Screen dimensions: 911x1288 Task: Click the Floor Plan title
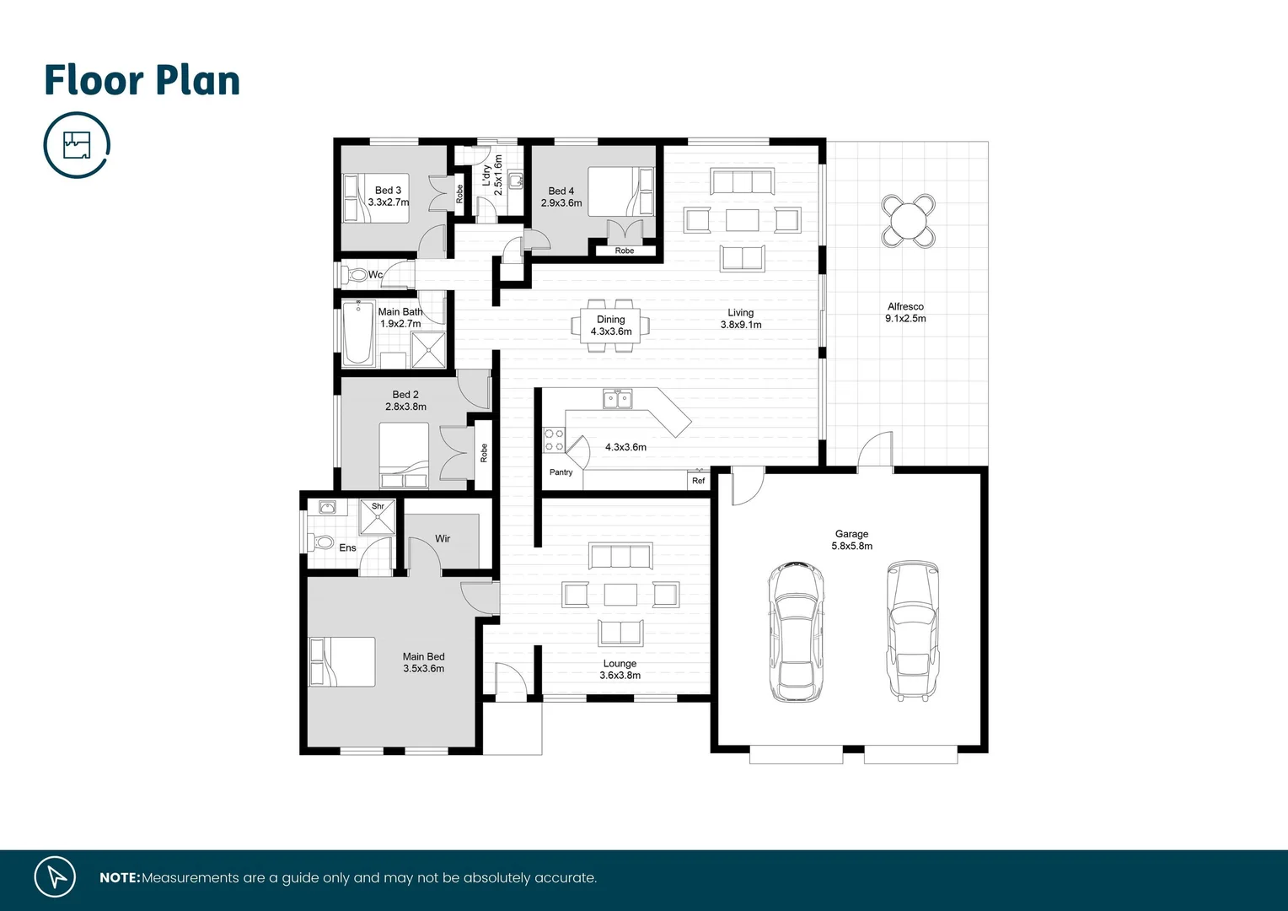pos(142,81)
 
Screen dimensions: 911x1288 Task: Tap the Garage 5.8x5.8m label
pos(851,540)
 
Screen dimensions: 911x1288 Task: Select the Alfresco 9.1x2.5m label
pos(905,313)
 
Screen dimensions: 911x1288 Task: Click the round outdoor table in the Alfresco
pos(908,221)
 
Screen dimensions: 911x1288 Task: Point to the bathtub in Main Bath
pos(358,333)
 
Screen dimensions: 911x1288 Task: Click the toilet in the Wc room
pos(357,275)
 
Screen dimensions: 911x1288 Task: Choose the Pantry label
pos(561,472)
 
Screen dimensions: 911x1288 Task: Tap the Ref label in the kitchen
pos(698,481)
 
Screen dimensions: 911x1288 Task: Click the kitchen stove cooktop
pos(554,439)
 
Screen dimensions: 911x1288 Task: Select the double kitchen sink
pos(617,399)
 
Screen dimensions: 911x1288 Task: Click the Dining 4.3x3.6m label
pos(611,326)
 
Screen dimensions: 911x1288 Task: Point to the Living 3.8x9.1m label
pos(741,319)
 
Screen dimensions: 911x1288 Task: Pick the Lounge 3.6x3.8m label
pos(620,670)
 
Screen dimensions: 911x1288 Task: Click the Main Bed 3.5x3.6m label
pos(423,662)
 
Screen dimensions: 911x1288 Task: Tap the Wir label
pos(443,539)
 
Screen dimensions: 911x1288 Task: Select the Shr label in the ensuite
pos(378,507)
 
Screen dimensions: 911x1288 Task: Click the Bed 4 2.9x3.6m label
pos(561,197)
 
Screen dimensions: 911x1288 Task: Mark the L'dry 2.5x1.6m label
pos(492,175)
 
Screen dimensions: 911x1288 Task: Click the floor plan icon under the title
pos(77,145)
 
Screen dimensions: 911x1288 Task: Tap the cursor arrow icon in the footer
pos(56,877)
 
